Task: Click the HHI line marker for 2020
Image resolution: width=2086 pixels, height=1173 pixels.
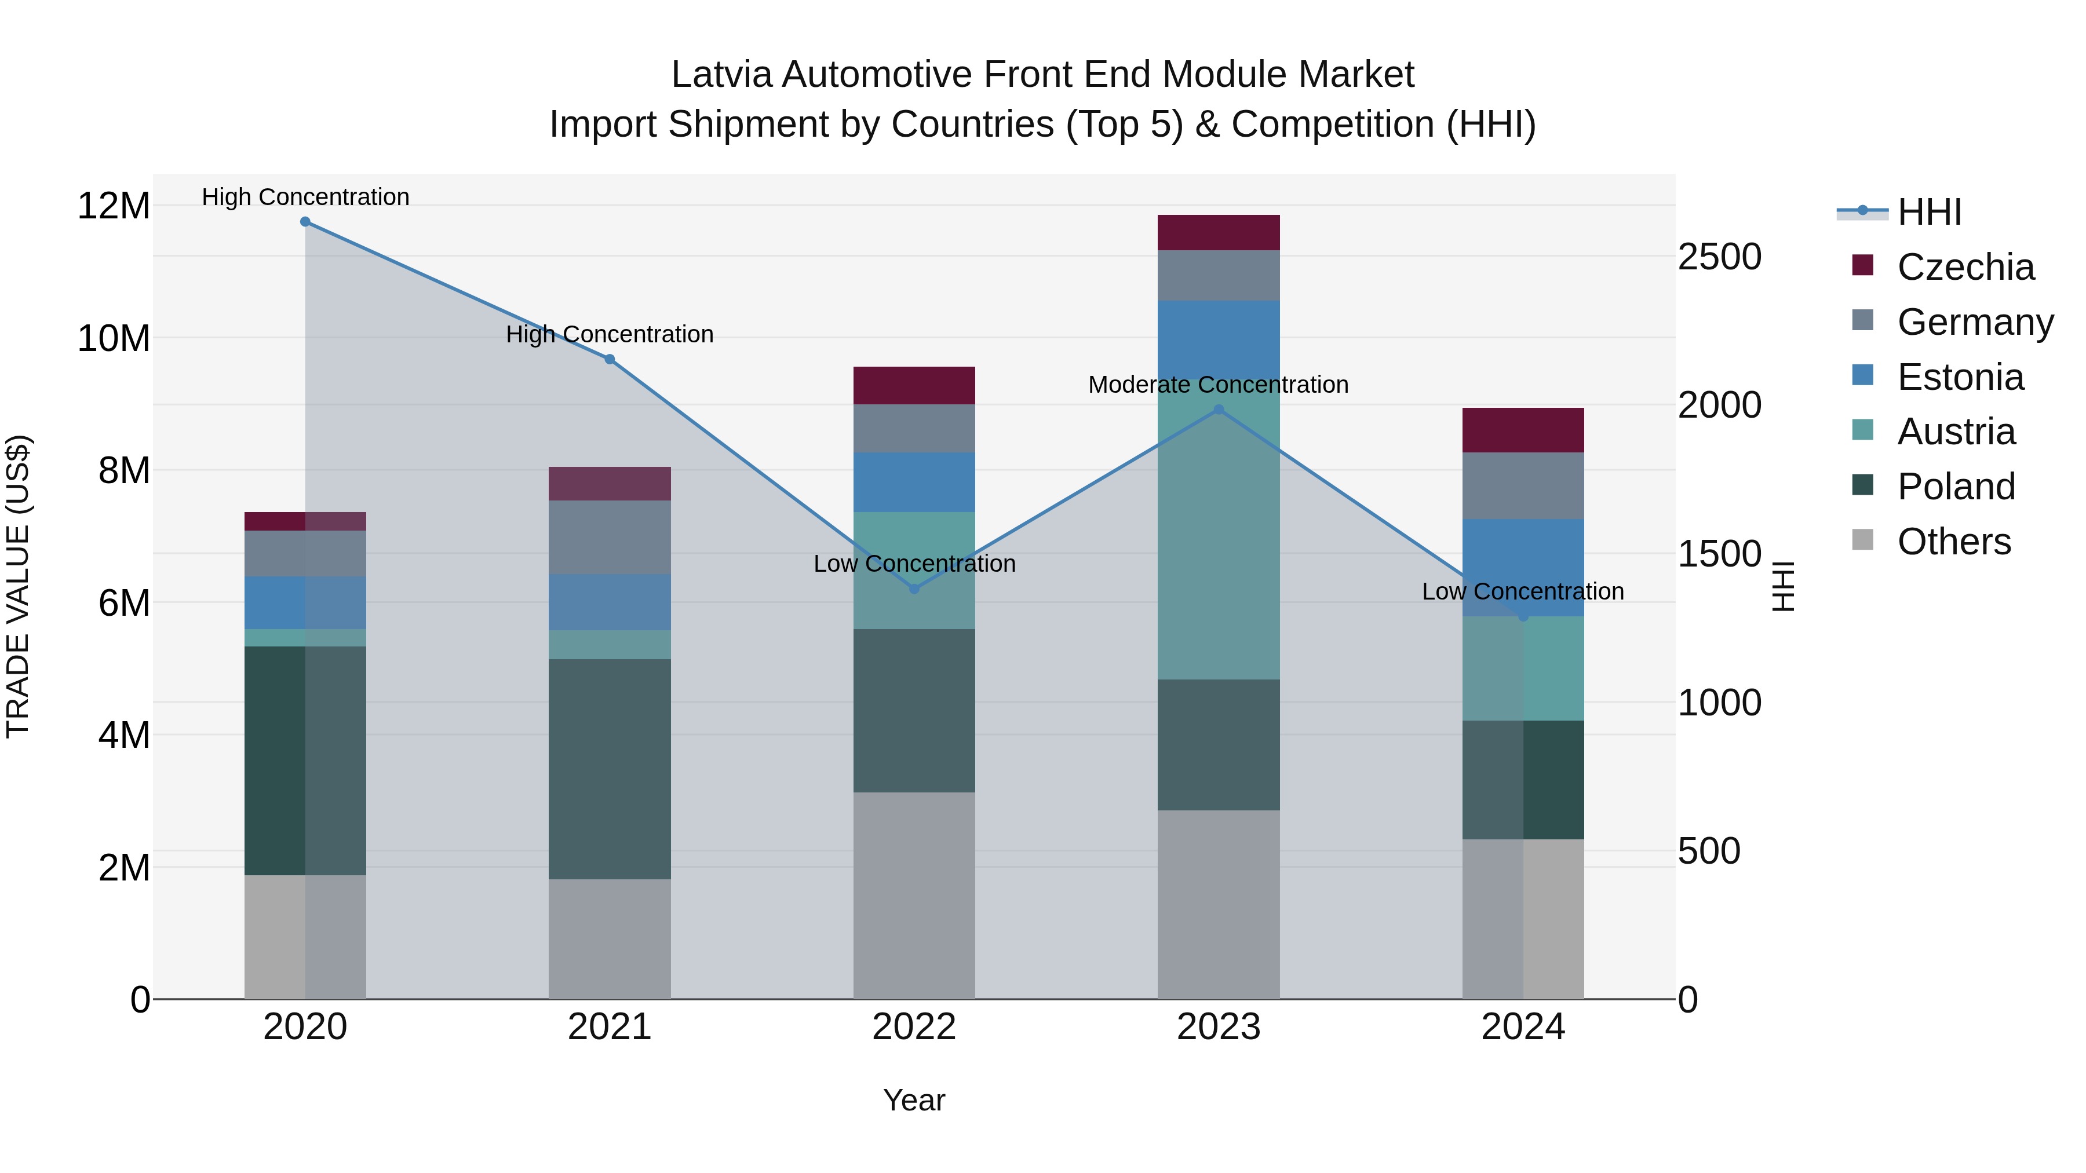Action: point(305,222)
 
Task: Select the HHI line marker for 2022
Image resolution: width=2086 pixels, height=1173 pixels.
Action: point(914,589)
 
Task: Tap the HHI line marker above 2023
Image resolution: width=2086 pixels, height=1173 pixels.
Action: point(1219,410)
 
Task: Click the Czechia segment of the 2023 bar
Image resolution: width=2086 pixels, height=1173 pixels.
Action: point(1219,232)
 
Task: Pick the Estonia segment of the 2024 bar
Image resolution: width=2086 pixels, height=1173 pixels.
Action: point(1523,567)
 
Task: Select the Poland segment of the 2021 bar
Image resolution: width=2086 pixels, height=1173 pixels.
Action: point(610,769)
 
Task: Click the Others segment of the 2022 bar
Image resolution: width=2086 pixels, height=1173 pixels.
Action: point(914,894)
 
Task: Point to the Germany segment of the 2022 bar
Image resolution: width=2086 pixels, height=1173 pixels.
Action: point(914,428)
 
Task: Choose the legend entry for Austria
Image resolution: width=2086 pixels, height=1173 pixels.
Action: point(1956,432)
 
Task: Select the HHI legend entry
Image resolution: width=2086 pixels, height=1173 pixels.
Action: point(1929,212)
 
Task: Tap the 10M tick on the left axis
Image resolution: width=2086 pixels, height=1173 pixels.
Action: point(114,338)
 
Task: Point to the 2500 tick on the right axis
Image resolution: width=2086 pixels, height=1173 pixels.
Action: point(1719,257)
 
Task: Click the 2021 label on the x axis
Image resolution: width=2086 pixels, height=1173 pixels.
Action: point(610,1027)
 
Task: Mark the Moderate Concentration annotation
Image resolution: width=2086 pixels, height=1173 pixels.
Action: point(1218,385)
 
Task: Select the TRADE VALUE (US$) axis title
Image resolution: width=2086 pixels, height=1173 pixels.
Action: point(18,586)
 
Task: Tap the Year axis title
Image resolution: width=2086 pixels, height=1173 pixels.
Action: point(914,1100)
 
